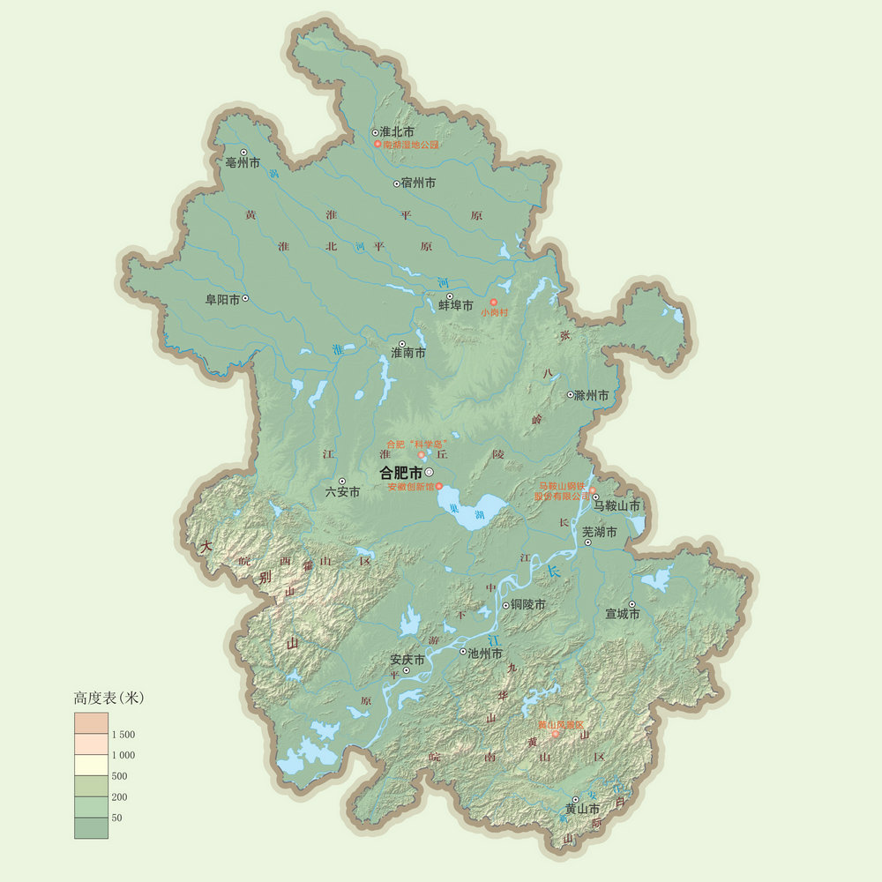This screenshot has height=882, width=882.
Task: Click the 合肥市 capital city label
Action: [400, 472]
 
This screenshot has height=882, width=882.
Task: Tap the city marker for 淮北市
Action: [375, 131]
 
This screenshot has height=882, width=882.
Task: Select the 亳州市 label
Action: [243, 163]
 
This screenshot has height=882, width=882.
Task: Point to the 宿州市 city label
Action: [418, 183]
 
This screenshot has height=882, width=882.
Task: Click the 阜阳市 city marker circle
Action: [245, 298]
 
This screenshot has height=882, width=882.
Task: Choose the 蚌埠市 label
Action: [456, 305]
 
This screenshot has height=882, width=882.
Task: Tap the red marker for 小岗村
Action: [494, 303]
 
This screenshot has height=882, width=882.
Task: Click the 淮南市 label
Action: [408, 353]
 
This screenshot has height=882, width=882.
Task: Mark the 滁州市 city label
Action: [591, 396]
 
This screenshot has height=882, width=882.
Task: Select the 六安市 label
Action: [343, 492]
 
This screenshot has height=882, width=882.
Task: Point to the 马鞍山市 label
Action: [617, 506]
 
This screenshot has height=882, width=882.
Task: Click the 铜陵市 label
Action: [528, 605]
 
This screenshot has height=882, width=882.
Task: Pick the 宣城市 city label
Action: [622, 614]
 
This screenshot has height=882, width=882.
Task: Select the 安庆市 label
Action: [407, 660]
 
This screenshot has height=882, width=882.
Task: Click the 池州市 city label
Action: [484, 654]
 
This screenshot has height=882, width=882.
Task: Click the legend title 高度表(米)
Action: [108, 698]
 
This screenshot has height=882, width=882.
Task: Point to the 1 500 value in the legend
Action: [123, 734]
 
